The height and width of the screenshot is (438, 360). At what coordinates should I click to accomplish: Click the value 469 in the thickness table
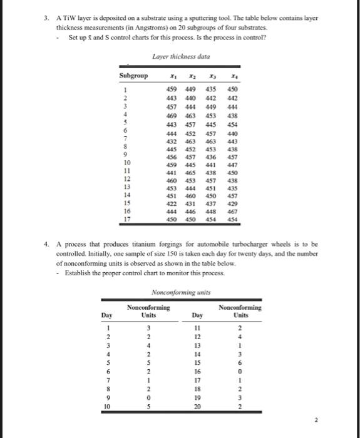[x=168, y=116]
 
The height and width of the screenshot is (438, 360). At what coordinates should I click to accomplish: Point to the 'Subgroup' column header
[x=133, y=76]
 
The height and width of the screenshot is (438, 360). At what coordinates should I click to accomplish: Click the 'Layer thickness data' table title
[x=180, y=57]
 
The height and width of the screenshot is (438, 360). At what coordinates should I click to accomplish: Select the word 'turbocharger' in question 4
[x=250, y=244]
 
